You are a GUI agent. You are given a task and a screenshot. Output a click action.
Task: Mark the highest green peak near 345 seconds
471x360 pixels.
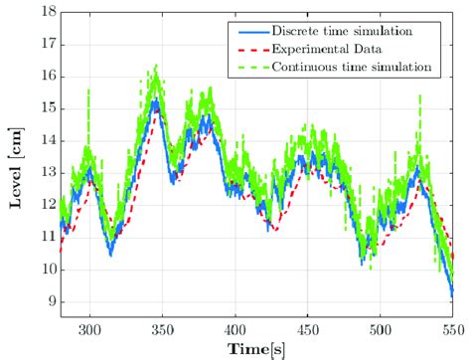(155, 67)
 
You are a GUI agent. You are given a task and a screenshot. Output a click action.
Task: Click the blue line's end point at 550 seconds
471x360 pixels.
(453, 294)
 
